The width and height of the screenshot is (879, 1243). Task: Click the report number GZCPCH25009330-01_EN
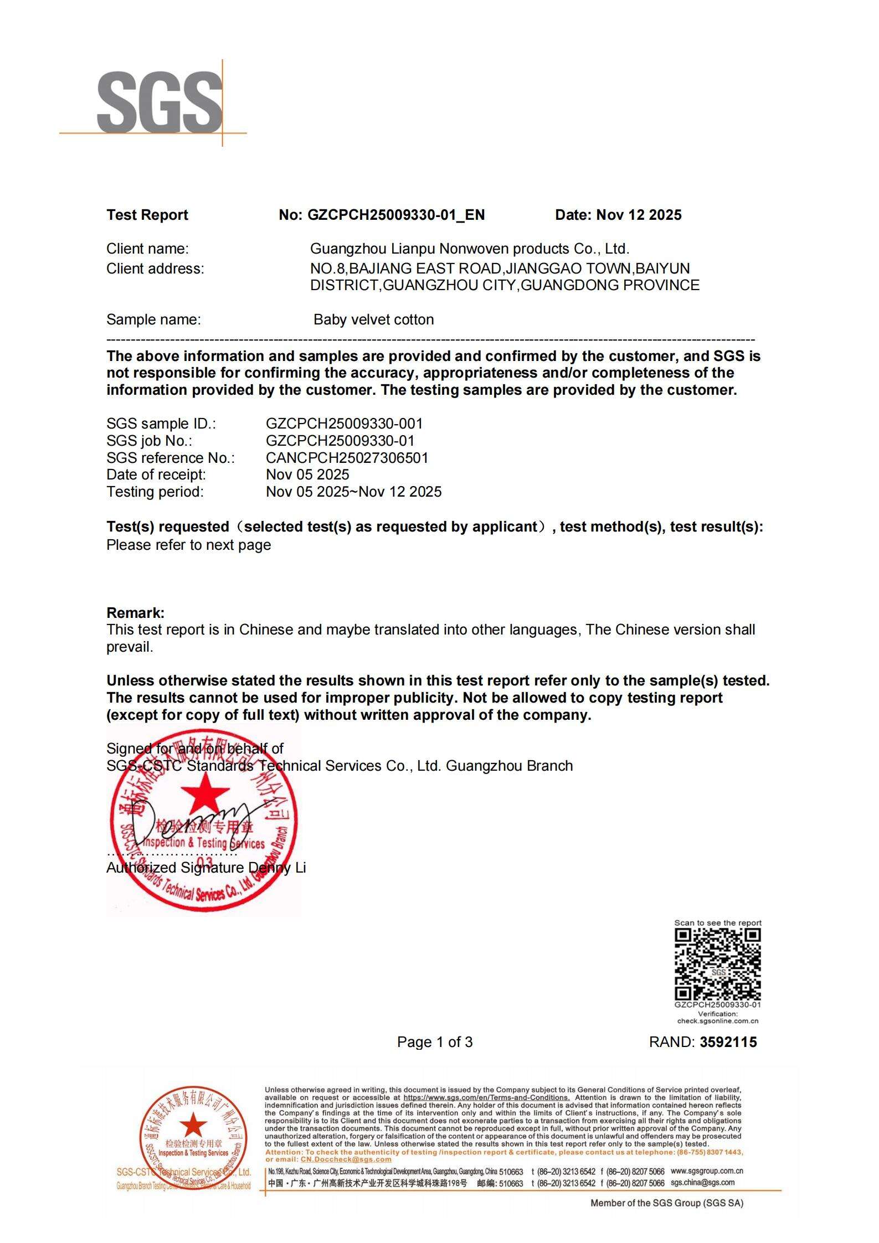[x=395, y=215]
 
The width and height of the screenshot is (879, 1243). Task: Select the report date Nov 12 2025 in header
[x=638, y=215]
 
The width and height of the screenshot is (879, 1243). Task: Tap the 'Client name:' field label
[x=147, y=249]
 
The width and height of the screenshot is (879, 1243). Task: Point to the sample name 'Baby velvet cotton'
[x=373, y=319]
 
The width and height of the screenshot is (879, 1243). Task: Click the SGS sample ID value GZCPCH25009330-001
[x=344, y=424]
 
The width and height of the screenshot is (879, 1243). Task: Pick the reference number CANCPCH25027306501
[x=347, y=458]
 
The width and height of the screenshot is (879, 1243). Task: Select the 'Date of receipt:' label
[x=156, y=474]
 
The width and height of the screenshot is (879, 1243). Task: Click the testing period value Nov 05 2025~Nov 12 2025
[x=353, y=492]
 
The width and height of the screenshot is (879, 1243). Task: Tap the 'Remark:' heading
[x=135, y=613]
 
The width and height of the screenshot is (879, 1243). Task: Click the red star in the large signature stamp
[x=205, y=793]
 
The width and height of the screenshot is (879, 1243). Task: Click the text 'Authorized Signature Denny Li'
[x=205, y=868]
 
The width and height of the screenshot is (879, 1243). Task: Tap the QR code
[x=717, y=964]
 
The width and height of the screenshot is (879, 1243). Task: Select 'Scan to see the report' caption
[x=717, y=923]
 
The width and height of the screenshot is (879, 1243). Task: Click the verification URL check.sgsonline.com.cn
[x=717, y=1021]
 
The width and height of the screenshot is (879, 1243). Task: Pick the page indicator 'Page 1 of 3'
[x=435, y=1043]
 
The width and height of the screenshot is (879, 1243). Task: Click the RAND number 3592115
[x=728, y=1043]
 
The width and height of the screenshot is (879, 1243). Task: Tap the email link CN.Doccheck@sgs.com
[x=346, y=1159]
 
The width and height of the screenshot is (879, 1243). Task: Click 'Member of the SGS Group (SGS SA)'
[x=666, y=1203]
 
